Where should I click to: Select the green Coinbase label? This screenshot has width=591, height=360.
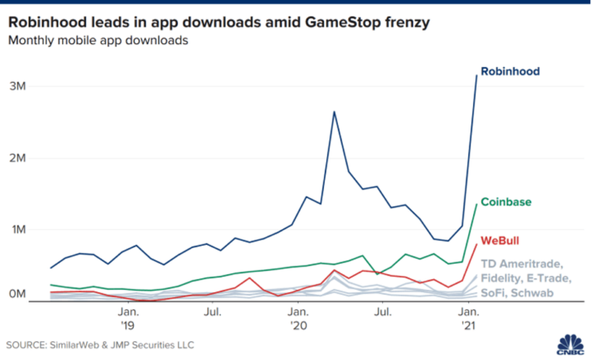(x=505, y=201)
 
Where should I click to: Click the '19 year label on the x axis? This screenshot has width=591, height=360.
(x=127, y=325)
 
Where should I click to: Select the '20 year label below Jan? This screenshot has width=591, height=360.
(x=298, y=325)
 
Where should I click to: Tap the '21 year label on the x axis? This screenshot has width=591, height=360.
(x=469, y=325)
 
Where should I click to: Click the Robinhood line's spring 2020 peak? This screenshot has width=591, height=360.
(x=334, y=112)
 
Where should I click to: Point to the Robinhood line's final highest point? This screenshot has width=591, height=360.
(x=477, y=75)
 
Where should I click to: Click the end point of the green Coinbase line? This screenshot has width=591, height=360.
(x=477, y=204)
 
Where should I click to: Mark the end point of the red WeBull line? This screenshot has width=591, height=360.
(x=477, y=243)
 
